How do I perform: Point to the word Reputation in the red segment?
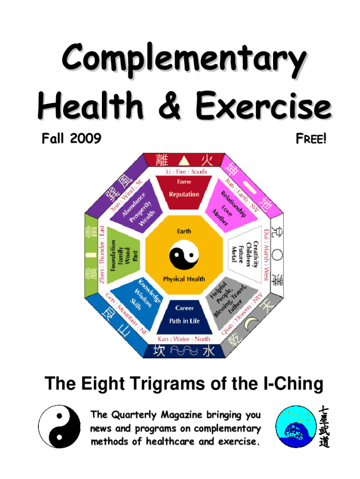pyautogui.click(x=184, y=194)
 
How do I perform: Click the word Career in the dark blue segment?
pyautogui.click(x=184, y=308)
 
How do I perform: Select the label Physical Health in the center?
pyautogui.click(x=184, y=279)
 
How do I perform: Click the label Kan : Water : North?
pyautogui.click(x=184, y=338)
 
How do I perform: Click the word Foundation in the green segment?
pyautogui.click(x=113, y=255)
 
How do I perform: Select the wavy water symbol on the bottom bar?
pyautogui.click(x=184, y=350)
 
